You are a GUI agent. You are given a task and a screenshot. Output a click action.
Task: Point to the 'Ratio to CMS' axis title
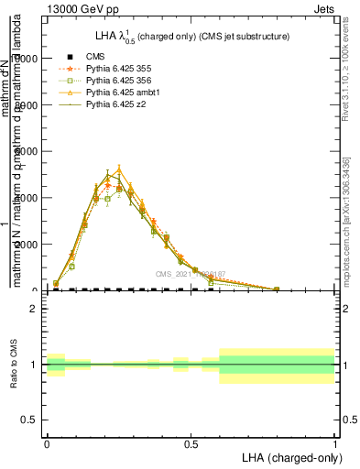coord(15,364)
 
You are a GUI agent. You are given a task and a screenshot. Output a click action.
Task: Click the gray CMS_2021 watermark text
coord(189,274)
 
